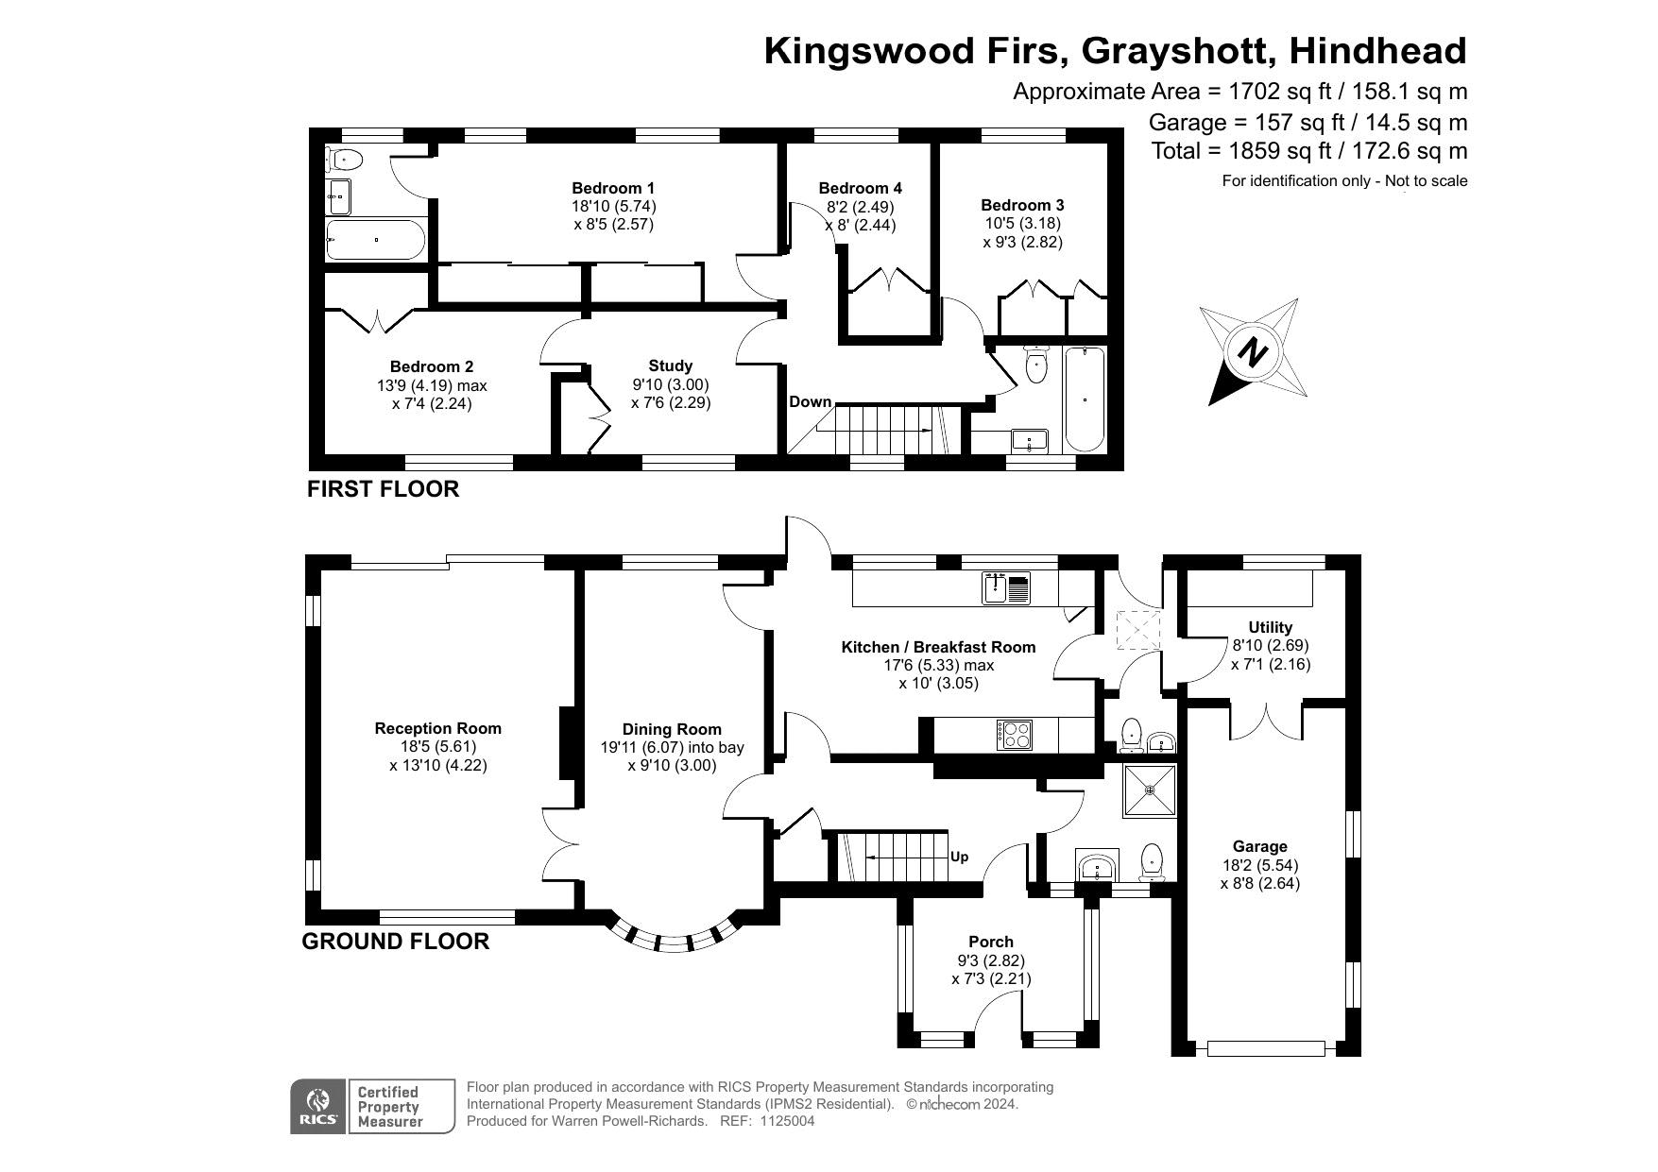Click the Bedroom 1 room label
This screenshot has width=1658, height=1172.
[x=613, y=188]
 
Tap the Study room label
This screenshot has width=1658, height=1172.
[x=671, y=365]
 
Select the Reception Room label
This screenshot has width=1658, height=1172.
[x=438, y=728]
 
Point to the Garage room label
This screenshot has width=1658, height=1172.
[x=1259, y=846]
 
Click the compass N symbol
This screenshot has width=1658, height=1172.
[x=1254, y=352]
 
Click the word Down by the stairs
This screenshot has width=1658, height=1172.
[x=810, y=401]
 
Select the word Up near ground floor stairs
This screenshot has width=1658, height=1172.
[x=959, y=858]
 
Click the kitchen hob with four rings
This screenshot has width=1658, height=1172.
[x=1015, y=735]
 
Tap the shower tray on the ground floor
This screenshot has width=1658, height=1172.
[x=1150, y=790]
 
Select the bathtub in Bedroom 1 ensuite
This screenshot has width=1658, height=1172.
[x=375, y=240]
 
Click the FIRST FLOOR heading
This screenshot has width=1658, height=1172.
[x=383, y=488]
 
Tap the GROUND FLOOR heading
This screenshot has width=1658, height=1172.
[x=396, y=941]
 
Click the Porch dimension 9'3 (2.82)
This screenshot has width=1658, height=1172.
[x=991, y=960]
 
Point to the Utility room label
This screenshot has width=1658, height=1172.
[x=1271, y=627]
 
